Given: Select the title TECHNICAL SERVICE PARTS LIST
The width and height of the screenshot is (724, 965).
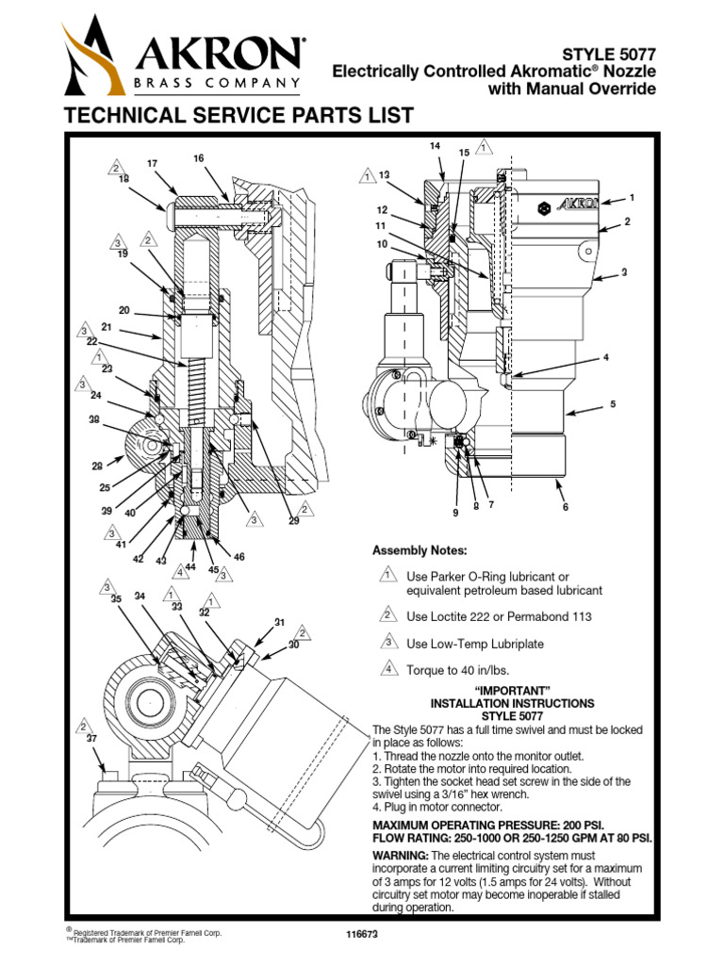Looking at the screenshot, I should click(x=237, y=116).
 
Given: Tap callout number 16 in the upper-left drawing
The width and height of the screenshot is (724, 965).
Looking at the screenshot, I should click(x=199, y=158).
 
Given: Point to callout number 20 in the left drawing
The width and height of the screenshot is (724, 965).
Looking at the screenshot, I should click(x=123, y=310).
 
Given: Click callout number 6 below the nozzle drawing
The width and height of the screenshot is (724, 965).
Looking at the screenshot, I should click(x=566, y=507).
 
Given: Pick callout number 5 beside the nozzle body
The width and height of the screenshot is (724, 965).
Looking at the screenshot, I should click(x=612, y=404).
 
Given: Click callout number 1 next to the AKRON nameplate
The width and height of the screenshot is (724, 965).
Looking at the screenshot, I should click(x=632, y=198).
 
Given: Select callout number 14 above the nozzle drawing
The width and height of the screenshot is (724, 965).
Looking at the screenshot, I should click(x=435, y=146).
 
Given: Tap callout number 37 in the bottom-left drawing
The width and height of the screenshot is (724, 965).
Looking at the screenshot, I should click(x=91, y=739).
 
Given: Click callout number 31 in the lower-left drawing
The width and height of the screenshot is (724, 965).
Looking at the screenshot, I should click(x=279, y=622).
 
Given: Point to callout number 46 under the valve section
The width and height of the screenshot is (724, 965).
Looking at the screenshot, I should click(x=239, y=557).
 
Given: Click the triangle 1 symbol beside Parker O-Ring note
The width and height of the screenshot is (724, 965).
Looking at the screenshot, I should click(x=386, y=576).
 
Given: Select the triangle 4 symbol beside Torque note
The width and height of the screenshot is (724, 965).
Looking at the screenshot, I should click(x=386, y=670).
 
